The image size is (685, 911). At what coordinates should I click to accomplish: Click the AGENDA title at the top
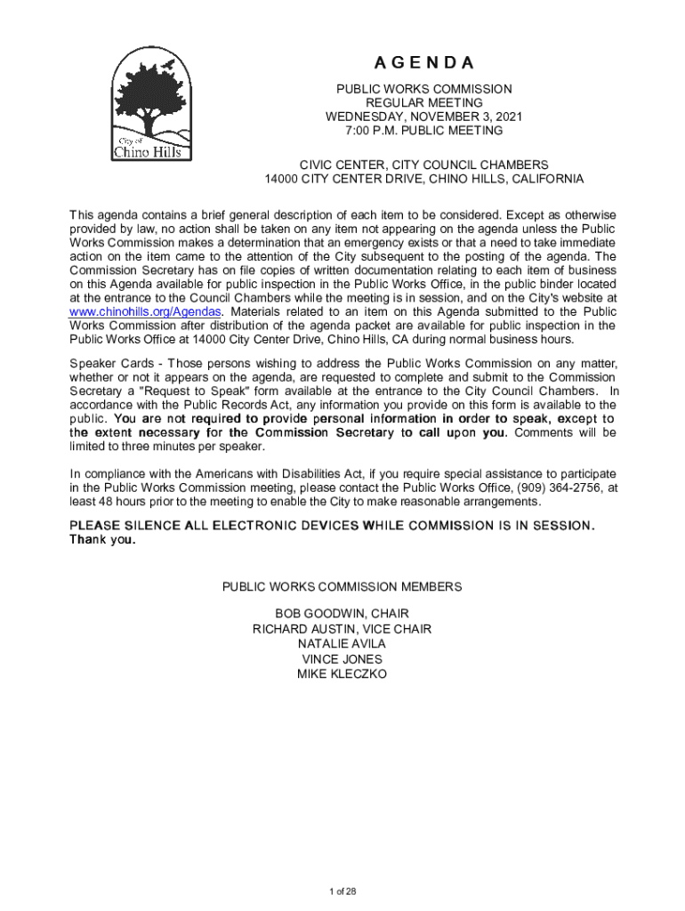(423, 63)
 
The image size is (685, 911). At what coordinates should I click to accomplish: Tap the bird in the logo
(166, 66)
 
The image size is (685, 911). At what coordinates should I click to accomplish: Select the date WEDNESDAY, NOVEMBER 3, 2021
(423, 117)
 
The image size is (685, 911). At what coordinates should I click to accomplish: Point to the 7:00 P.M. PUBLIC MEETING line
(423, 131)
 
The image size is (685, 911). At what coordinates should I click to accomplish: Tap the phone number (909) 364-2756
(561, 488)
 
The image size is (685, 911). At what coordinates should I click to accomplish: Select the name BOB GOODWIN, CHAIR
(342, 614)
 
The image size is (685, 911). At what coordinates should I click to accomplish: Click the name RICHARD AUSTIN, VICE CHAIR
(342, 629)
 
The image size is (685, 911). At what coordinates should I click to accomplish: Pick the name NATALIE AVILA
(342, 644)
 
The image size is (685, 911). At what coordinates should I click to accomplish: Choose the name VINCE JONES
(342, 659)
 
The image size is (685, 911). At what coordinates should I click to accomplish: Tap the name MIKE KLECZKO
(342, 674)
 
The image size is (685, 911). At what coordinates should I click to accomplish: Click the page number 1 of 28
(342, 892)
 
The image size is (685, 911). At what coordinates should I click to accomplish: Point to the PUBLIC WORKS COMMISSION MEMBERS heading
(342, 587)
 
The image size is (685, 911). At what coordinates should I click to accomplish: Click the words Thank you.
(103, 541)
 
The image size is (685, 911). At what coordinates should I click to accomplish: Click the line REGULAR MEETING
(423, 103)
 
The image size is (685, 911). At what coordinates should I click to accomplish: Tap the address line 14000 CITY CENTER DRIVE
(423, 179)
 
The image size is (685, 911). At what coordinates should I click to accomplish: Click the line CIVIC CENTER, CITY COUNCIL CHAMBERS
(423, 165)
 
